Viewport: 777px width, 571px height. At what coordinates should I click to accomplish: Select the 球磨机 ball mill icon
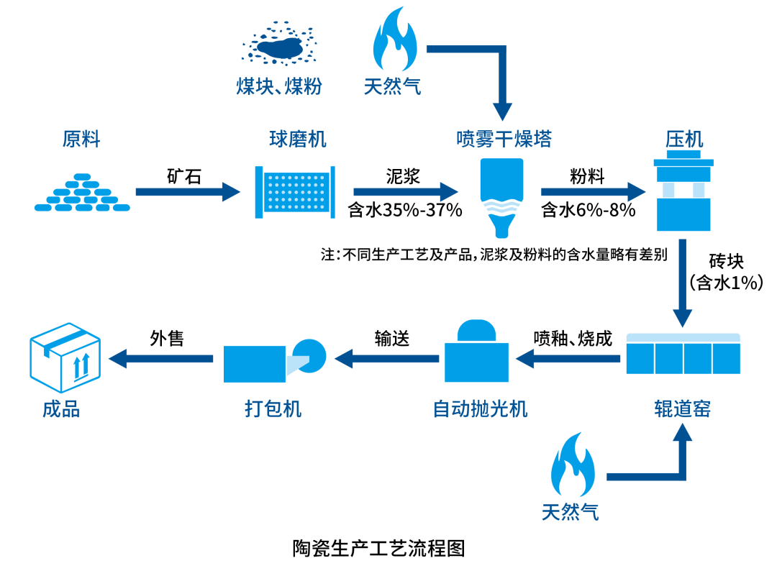click(x=295, y=191)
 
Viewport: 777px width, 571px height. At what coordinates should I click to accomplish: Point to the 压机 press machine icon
click(x=683, y=191)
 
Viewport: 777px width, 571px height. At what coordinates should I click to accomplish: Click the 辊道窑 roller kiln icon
click(x=683, y=353)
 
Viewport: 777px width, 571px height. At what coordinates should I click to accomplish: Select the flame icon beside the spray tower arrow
click(x=394, y=45)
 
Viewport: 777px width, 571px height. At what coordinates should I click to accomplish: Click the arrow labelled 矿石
click(x=188, y=191)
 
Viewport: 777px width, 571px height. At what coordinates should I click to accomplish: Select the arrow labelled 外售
click(x=161, y=357)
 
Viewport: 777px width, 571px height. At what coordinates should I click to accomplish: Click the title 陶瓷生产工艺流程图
click(x=379, y=548)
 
